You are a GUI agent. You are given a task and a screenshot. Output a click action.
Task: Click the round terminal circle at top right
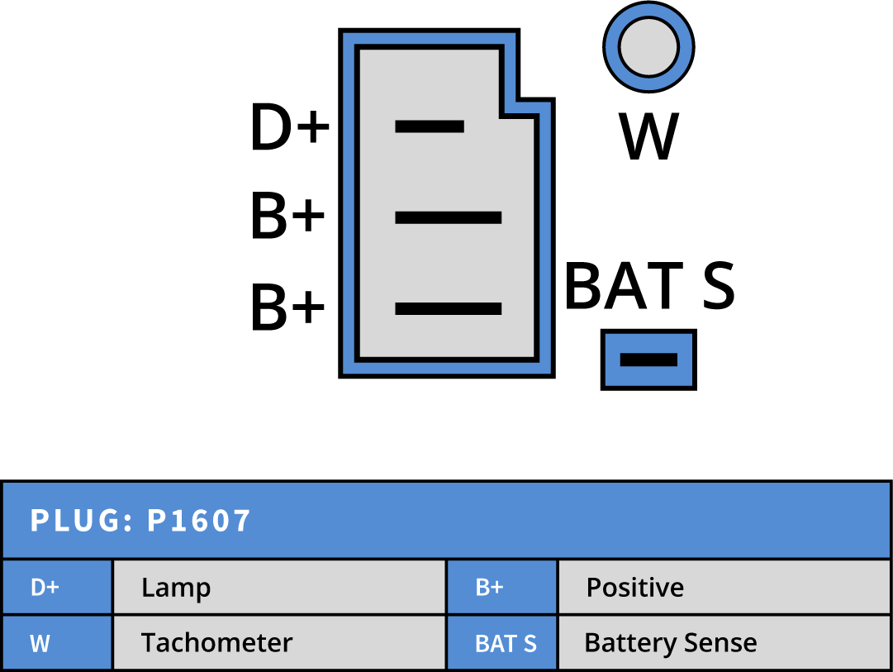[x=648, y=46]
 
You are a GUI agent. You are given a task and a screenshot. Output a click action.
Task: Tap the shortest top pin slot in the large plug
[x=429, y=126]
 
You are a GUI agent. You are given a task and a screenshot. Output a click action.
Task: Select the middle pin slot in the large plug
[x=448, y=217]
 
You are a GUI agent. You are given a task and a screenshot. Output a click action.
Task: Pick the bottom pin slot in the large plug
[x=448, y=308]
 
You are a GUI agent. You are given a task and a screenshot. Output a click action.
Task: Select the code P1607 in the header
[x=198, y=521]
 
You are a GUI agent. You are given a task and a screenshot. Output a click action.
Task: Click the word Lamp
[x=176, y=588]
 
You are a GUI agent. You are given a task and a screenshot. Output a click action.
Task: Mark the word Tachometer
[x=216, y=642]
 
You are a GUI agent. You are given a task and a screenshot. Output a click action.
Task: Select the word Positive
[x=634, y=588]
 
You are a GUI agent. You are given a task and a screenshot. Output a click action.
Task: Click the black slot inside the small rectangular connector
[x=648, y=360]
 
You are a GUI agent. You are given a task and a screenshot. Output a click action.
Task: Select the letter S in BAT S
[x=530, y=643]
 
